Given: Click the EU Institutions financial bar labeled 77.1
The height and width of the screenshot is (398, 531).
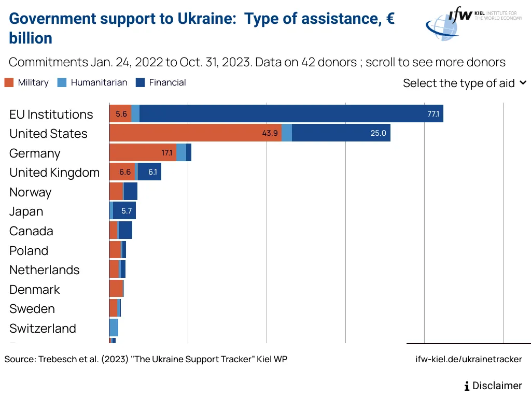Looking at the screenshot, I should [291, 113].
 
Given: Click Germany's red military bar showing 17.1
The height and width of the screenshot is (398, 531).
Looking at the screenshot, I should [143, 152].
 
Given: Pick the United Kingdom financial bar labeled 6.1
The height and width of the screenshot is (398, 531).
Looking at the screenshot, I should [149, 172].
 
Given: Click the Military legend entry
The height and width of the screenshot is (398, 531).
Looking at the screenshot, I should [26, 82].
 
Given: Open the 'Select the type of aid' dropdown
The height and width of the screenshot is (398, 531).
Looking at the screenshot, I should [464, 83].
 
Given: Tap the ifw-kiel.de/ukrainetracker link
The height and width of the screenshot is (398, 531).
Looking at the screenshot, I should [469, 359].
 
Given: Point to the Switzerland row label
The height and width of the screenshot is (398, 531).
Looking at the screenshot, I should [43, 328].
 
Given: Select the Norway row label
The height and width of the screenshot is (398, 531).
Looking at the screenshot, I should [31, 192].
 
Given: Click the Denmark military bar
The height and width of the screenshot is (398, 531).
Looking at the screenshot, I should [116, 289].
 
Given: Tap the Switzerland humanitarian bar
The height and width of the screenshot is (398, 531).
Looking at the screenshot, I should [113, 328].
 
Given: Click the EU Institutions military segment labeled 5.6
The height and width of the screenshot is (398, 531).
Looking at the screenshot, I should [120, 113].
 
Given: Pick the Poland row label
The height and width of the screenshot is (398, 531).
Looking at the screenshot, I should [29, 250].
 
